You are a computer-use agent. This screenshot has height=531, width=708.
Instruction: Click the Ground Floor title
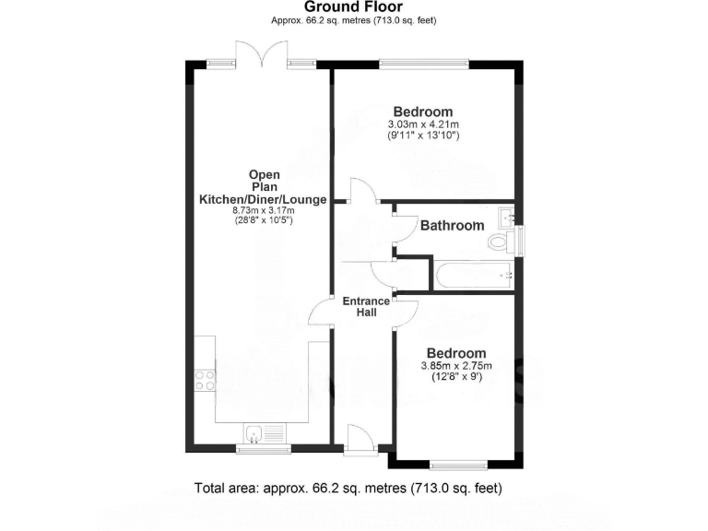pos(353,7)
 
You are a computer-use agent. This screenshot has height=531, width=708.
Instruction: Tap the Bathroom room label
pos(453,225)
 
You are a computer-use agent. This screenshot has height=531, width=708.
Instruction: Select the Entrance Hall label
pos(366,307)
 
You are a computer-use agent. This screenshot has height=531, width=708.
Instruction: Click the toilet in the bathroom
pos(501,242)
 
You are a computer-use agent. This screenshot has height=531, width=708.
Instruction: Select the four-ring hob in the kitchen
pos(205,380)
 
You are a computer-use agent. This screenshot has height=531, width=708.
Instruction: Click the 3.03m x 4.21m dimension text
pos(423,124)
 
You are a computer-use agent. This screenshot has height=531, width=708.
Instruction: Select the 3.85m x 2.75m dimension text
pos(456,365)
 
